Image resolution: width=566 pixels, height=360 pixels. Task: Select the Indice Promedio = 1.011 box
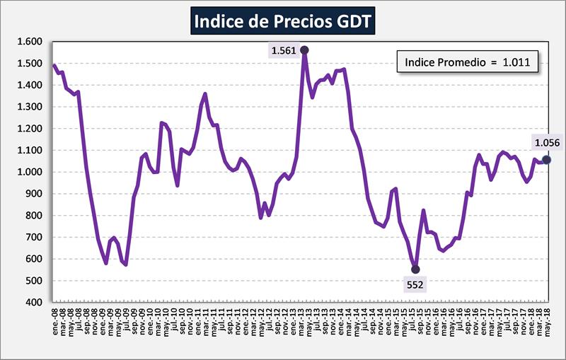(x=468, y=63)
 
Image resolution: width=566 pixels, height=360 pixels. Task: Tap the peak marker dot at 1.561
(x=304, y=50)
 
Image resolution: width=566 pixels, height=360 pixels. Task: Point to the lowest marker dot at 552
(x=415, y=269)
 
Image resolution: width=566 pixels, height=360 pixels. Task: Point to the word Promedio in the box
(x=459, y=63)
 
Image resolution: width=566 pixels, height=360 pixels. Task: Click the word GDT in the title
(x=351, y=22)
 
